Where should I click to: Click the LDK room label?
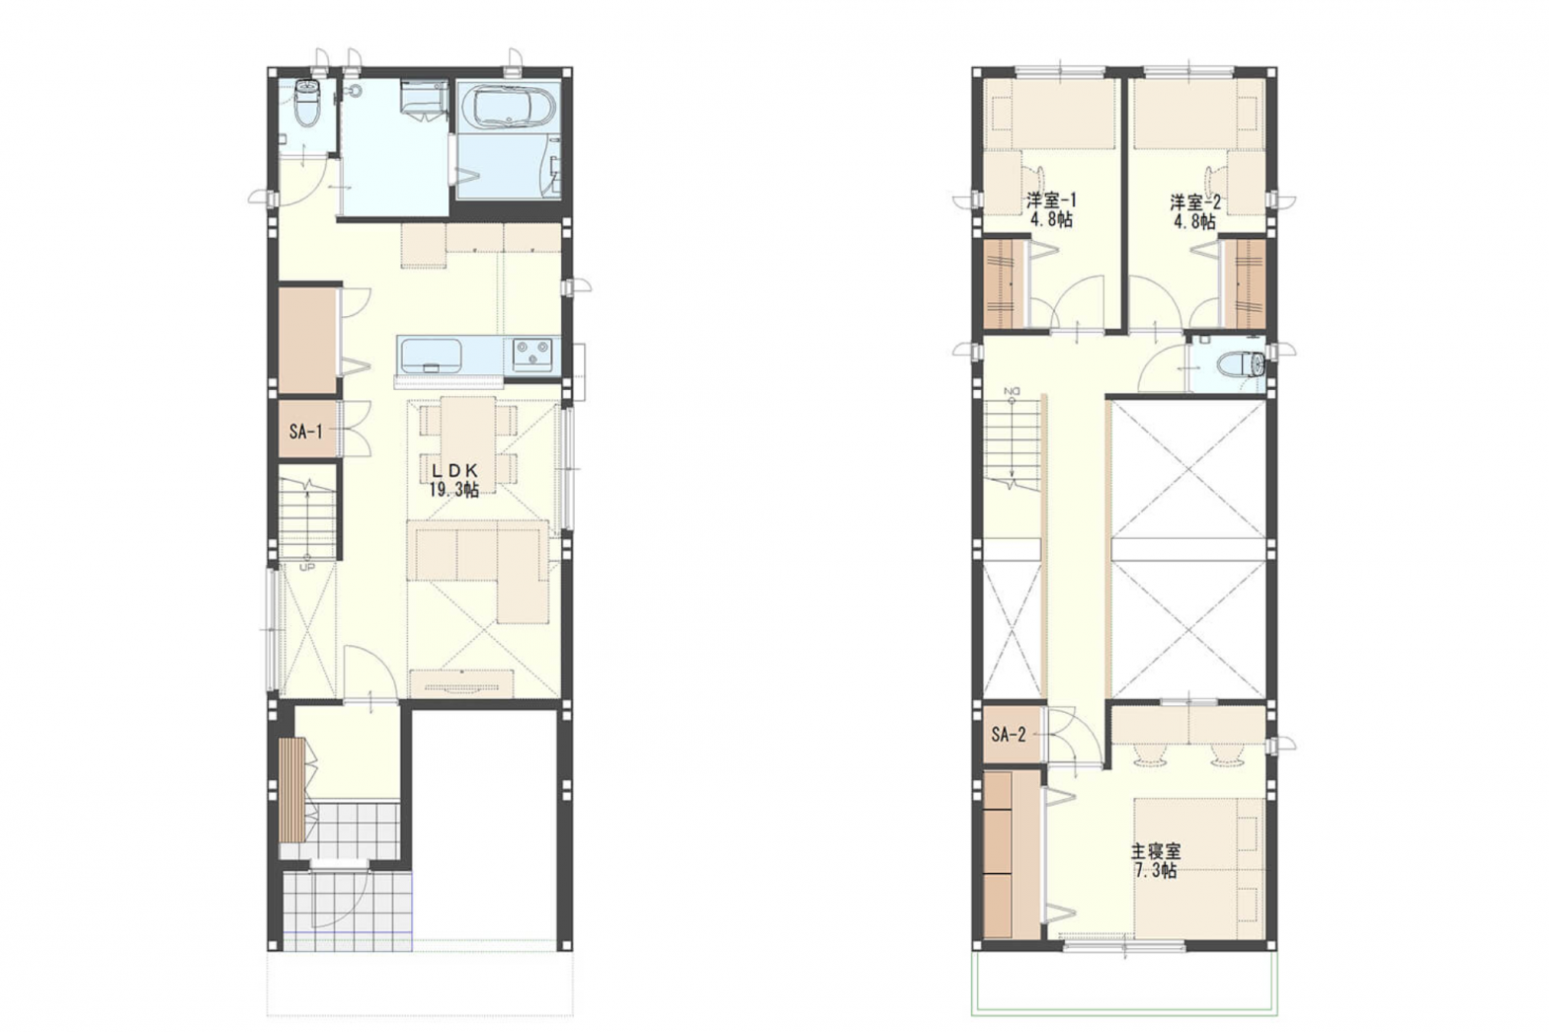coord(453,471)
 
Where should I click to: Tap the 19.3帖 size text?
coord(453,490)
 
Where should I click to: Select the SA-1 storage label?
coord(305,432)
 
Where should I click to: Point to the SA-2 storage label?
coord(1009,735)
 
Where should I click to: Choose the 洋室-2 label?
coord(1195,202)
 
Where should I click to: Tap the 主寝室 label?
coord(1155,851)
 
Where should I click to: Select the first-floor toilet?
coord(306,104)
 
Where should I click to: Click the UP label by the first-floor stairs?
coord(306,568)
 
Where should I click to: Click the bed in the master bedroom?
coord(1198,867)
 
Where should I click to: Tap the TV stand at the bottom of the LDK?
coord(461,681)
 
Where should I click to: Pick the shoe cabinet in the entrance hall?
coord(290,790)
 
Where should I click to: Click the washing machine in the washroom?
coord(423,100)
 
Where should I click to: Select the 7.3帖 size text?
coord(1155,871)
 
